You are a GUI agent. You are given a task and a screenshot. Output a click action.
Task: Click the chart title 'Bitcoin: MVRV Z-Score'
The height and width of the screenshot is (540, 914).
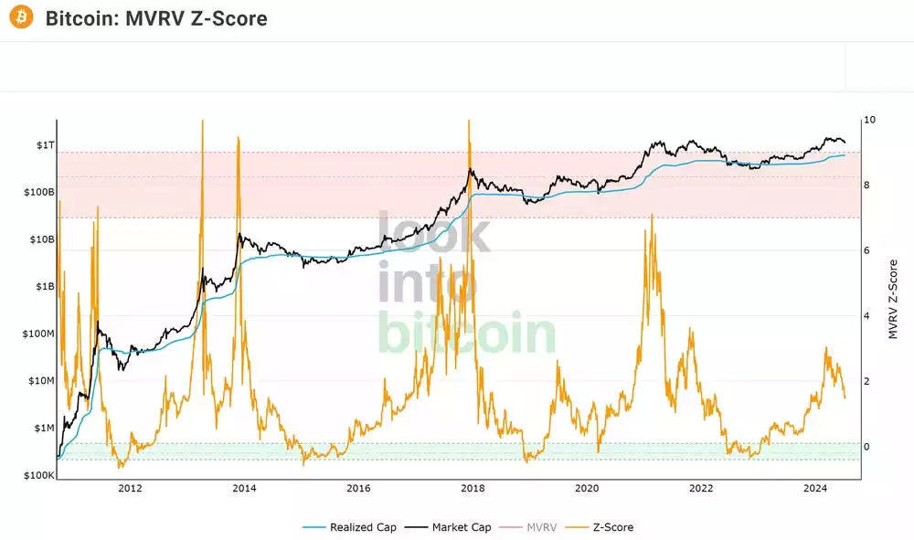point(156,18)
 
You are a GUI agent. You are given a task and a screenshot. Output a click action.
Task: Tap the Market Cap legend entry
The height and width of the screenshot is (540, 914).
point(455,527)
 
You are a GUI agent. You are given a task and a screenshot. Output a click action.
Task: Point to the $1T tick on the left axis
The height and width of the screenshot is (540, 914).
point(44,145)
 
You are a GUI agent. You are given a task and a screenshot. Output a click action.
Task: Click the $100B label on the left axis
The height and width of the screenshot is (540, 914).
point(38,193)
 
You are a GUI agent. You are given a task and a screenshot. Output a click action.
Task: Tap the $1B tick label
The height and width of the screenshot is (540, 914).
point(44,287)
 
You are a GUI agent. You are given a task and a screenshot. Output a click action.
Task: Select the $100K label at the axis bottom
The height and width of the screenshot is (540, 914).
point(38,476)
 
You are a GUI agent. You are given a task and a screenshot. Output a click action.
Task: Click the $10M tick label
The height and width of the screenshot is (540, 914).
point(40,381)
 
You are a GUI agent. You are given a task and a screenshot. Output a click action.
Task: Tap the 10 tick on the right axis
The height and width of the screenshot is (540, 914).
point(870,120)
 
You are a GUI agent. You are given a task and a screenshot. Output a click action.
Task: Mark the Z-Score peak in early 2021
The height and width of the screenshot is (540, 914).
point(652,216)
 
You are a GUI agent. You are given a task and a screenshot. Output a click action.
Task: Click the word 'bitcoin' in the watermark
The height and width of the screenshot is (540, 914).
point(466,334)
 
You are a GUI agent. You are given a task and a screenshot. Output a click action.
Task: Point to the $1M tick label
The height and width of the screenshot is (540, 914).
point(44,429)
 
